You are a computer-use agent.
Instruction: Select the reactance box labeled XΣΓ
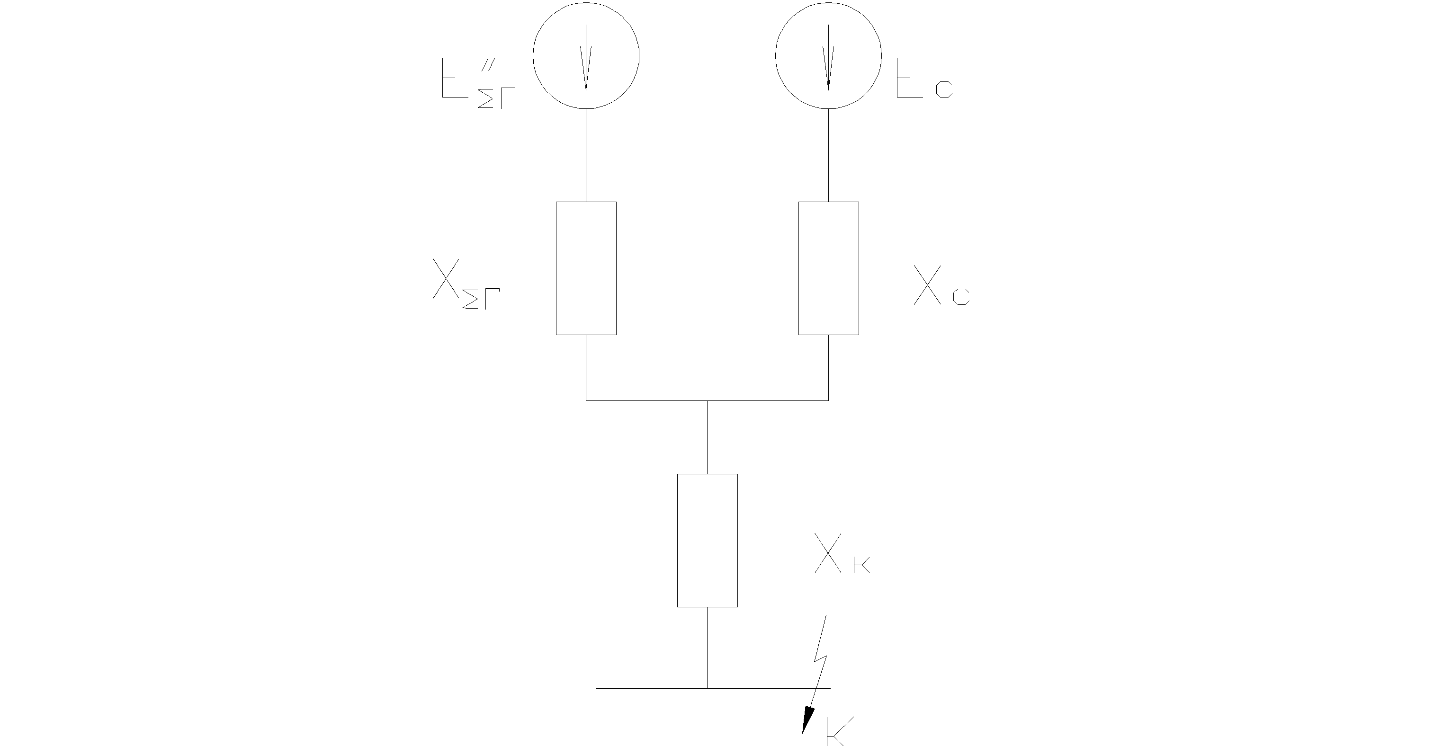tap(586, 268)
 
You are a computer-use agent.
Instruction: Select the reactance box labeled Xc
tap(829, 268)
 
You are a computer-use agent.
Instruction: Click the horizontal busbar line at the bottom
tap(648, 688)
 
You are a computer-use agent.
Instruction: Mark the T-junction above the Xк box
tap(708, 400)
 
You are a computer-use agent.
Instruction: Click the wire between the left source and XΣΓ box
tap(586, 155)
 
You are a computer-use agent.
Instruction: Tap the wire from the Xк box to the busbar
tap(708, 648)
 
